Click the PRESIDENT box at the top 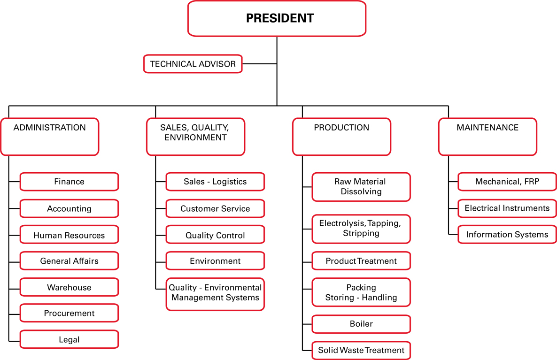(277, 18)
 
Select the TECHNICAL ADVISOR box (193, 64)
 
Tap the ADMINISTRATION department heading (50, 137)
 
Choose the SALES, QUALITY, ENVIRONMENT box (196, 137)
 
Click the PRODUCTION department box (342, 137)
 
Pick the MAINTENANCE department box (488, 137)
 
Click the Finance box (69, 182)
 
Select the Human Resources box (69, 235)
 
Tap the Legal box (69, 339)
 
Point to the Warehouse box (69, 287)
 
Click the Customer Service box (215, 208)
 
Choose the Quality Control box (215, 235)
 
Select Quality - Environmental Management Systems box (215, 294)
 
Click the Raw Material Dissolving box (361, 187)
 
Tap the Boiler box (361, 324)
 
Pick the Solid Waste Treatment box (361, 351)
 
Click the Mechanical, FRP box (507, 182)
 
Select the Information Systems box (507, 234)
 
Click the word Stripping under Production (361, 234)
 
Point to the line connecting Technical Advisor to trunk (260, 64)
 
